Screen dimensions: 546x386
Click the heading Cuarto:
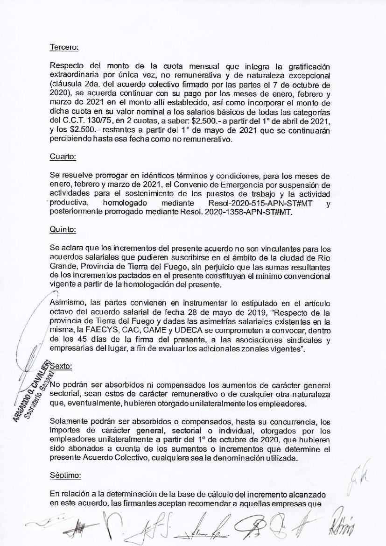click(x=63, y=157)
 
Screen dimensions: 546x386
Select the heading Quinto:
click(x=63, y=229)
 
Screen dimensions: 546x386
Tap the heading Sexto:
click(x=61, y=367)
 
